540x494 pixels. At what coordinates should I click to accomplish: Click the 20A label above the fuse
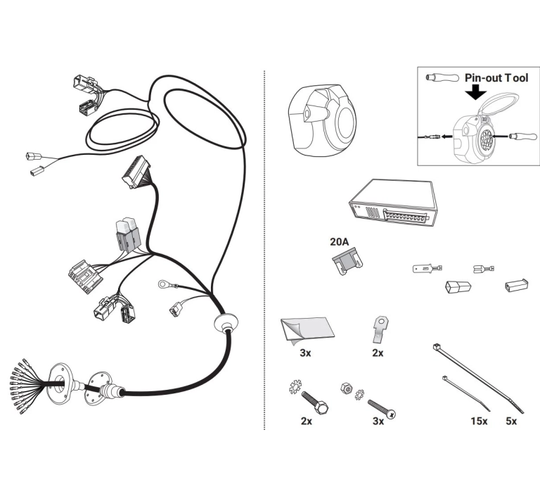(x=339, y=241)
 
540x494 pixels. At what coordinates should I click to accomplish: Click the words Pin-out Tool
(x=496, y=78)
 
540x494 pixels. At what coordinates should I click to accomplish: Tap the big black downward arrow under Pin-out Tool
(x=475, y=91)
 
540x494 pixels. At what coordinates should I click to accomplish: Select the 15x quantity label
(x=479, y=421)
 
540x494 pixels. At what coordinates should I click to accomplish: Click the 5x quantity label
(x=511, y=421)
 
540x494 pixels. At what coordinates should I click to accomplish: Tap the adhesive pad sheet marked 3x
(x=307, y=330)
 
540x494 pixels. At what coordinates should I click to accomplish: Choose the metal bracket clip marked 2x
(x=380, y=329)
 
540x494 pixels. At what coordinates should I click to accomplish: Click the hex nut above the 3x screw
(x=346, y=388)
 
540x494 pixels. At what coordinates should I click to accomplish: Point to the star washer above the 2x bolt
(x=295, y=386)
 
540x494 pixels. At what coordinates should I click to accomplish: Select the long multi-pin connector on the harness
(x=136, y=172)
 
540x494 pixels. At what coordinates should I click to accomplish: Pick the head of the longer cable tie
(x=437, y=347)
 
